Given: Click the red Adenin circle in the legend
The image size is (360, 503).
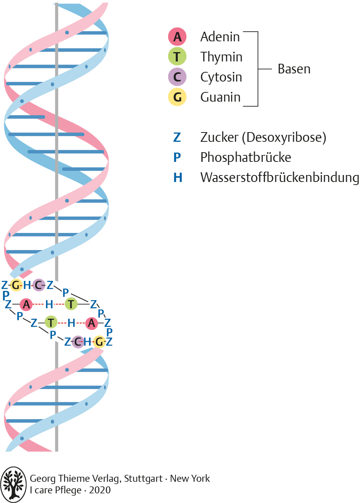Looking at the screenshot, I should (177, 37).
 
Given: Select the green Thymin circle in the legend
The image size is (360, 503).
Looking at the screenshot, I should (177, 57).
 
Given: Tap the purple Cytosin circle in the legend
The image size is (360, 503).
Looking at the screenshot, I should (177, 77).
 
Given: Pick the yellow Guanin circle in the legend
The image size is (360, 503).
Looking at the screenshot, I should (177, 97).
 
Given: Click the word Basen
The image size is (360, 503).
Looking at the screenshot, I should (294, 69).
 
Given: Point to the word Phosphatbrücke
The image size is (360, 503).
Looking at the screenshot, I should (246, 157).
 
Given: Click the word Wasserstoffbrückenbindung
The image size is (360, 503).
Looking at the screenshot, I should (280, 177).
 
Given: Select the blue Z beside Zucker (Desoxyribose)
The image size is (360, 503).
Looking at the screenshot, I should (177, 137).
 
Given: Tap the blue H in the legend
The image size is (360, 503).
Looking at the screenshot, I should (177, 177).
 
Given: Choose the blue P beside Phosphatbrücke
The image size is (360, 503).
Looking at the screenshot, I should (177, 157).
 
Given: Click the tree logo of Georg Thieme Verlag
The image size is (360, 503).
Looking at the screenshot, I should (14, 484).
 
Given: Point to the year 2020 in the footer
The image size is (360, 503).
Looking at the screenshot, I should (100, 490).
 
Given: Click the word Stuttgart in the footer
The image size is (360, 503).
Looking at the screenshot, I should (143, 479).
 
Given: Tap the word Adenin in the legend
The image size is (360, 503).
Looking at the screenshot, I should (220, 37).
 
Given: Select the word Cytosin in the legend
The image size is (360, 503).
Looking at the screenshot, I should (221, 77).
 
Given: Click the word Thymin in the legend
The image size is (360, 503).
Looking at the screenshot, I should (221, 57).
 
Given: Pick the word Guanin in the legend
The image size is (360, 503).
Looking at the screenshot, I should (220, 97).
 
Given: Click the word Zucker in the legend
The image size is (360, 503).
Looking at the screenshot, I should (219, 137).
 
